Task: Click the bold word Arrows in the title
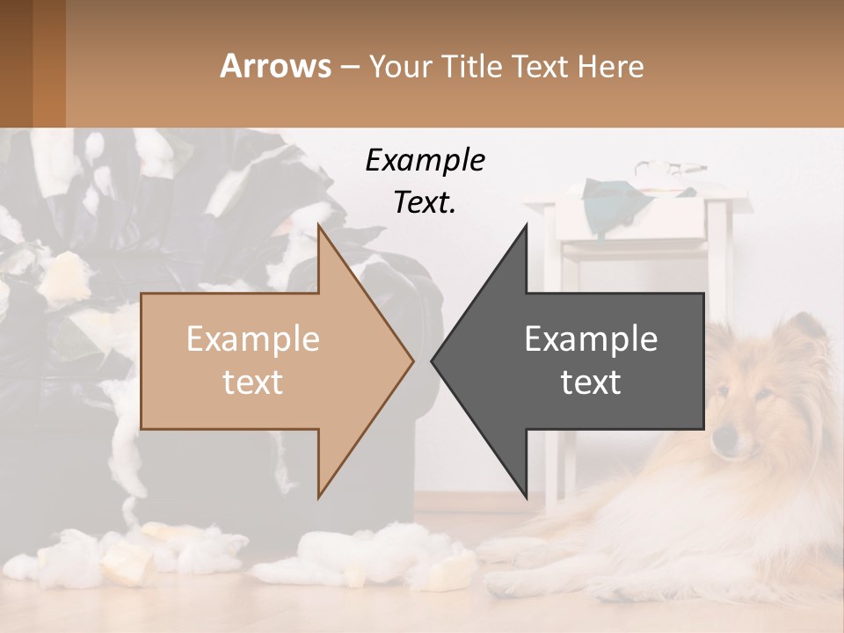pyautogui.click(x=276, y=66)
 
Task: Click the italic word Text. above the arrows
pyautogui.click(x=425, y=202)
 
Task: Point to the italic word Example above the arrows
pyautogui.click(x=425, y=160)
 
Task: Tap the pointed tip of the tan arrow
pyautogui.click(x=411, y=360)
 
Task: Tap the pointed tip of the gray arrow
pyautogui.click(x=433, y=360)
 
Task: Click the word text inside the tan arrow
pyautogui.click(x=252, y=382)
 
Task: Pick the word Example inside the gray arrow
pyautogui.click(x=591, y=338)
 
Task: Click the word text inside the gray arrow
pyautogui.click(x=591, y=382)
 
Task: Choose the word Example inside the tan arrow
pyautogui.click(x=252, y=338)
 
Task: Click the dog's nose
pyautogui.click(x=723, y=437)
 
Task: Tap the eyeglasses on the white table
pyautogui.click(x=670, y=167)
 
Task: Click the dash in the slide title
pyautogui.click(x=349, y=67)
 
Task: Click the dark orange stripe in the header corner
pyautogui.click(x=48, y=63)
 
